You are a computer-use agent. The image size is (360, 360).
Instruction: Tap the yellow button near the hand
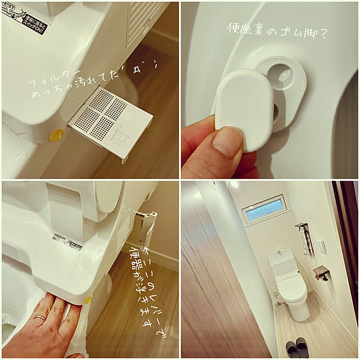[x=88, y=300]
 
